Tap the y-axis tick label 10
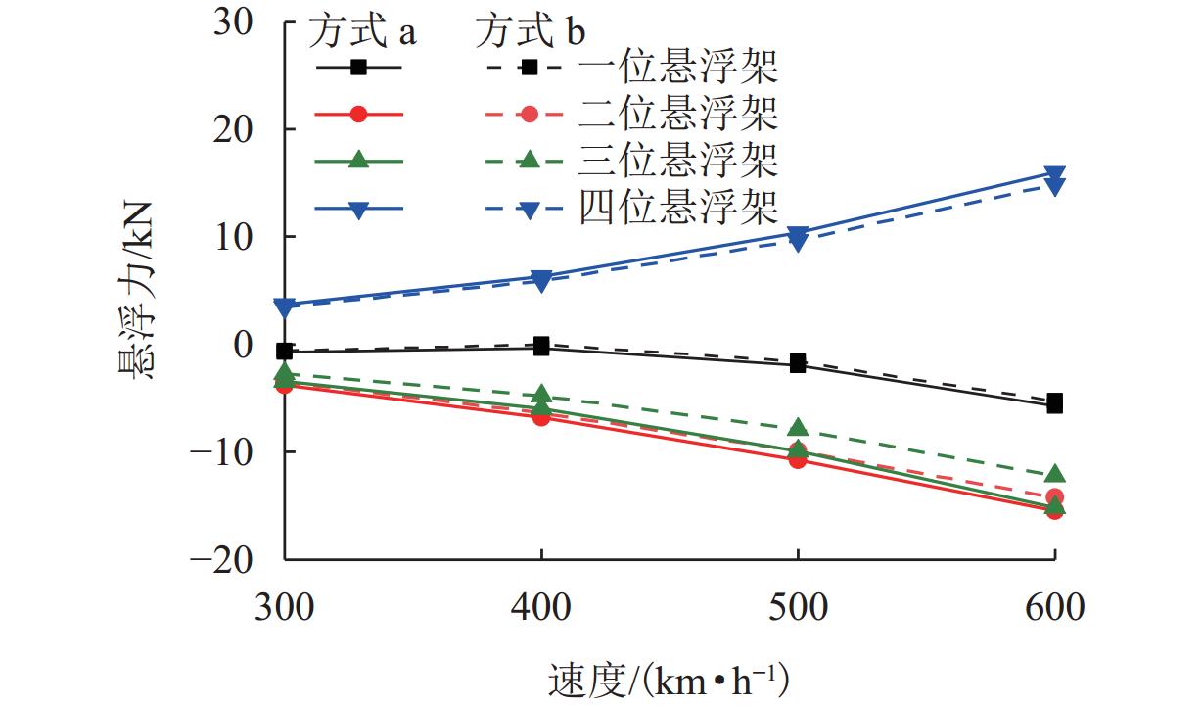[242, 237]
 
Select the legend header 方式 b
[531, 32]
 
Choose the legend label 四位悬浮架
[678, 207]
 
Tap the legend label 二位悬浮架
[678, 115]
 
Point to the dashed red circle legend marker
[529, 115]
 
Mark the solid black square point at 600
[1054, 403]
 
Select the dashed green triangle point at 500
[798, 428]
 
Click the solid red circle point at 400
[541, 416]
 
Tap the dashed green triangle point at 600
[1054, 475]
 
